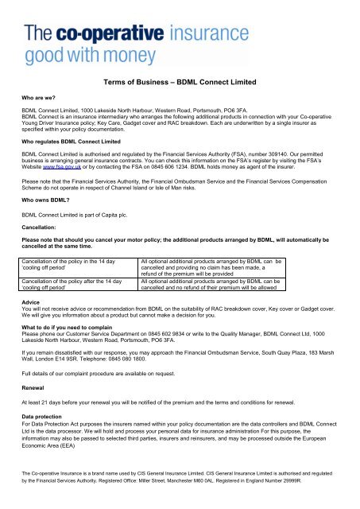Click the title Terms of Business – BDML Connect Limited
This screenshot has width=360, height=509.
(x=180, y=81)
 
